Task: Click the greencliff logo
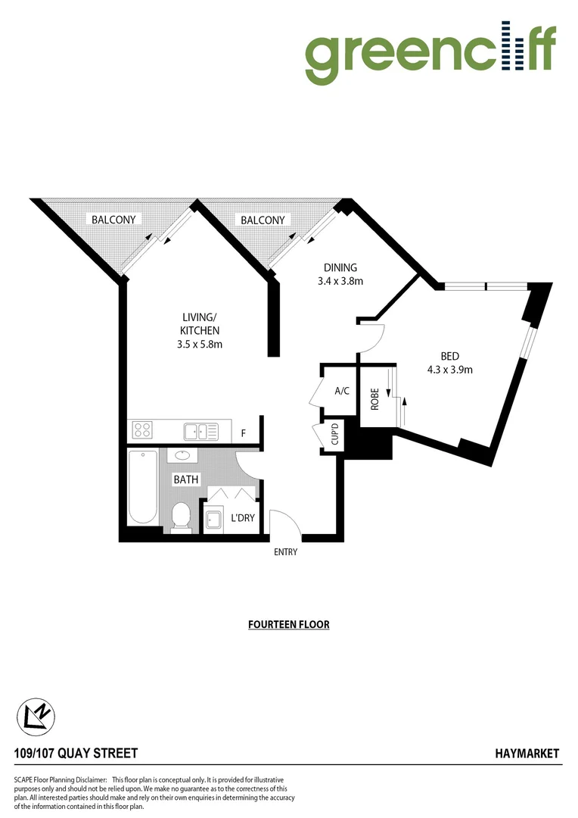click(x=430, y=52)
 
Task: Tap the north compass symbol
click(x=36, y=715)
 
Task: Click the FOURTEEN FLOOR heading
click(x=289, y=625)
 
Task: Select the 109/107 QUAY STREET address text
click(x=76, y=753)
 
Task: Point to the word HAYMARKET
click(x=527, y=753)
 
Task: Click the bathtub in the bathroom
click(x=143, y=486)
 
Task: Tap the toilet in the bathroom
click(x=182, y=517)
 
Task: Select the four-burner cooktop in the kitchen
click(x=142, y=430)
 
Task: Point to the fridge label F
click(x=243, y=433)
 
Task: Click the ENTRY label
click(x=286, y=552)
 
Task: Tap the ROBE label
click(x=374, y=399)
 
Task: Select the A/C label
click(x=342, y=392)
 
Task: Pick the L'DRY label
click(x=242, y=519)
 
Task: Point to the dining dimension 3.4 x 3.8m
click(x=340, y=281)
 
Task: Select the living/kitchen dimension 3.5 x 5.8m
click(x=200, y=344)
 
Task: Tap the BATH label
click(x=185, y=479)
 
